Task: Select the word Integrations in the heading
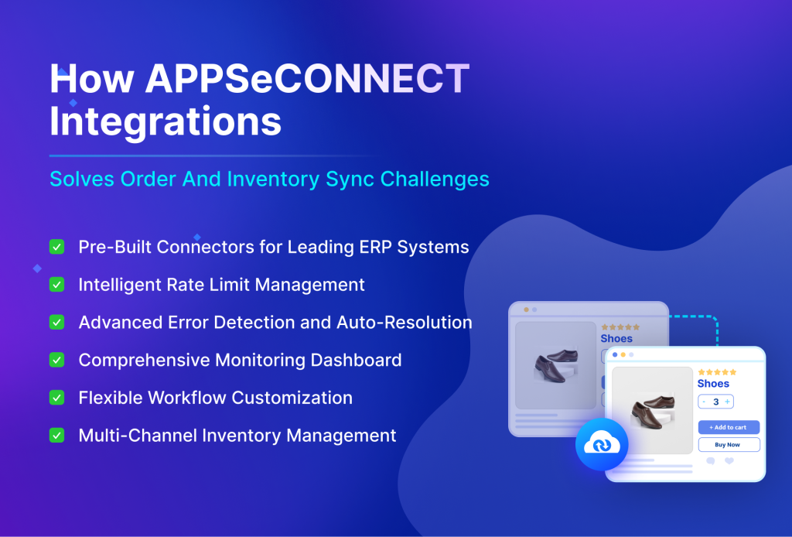(166, 121)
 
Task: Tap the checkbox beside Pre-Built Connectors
(56, 247)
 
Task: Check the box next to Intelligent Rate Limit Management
(56, 285)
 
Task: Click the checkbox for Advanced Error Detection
(56, 322)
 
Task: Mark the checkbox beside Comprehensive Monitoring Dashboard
(56, 360)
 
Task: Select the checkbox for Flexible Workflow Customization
(56, 398)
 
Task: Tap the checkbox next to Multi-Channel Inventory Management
(56, 436)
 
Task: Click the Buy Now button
(729, 445)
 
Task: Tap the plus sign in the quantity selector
(727, 402)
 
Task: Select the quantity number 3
(715, 402)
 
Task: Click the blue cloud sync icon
(602, 444)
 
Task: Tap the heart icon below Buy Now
(729, 461)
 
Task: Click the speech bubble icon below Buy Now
(711, 461)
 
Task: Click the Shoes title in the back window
(616, 338)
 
